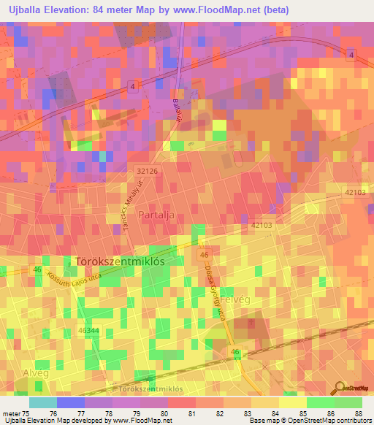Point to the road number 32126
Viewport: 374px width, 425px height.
click(147, 170)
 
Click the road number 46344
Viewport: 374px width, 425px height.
click(87, 331)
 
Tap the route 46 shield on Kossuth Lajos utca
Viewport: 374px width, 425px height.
click(36, 270)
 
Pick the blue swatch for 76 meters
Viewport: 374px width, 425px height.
click(71, 402)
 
